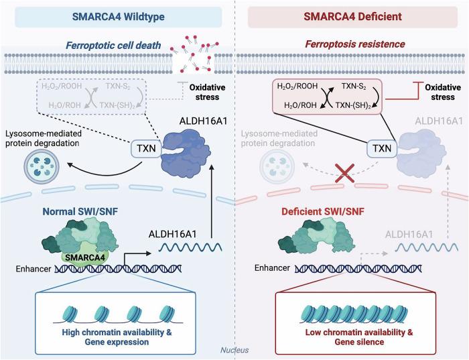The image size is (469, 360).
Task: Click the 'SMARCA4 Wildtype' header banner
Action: click(x=118, y=14)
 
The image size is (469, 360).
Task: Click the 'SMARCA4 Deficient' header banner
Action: click(x=351, y=14)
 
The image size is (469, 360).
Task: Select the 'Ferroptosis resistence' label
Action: click(x=346, y=46)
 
